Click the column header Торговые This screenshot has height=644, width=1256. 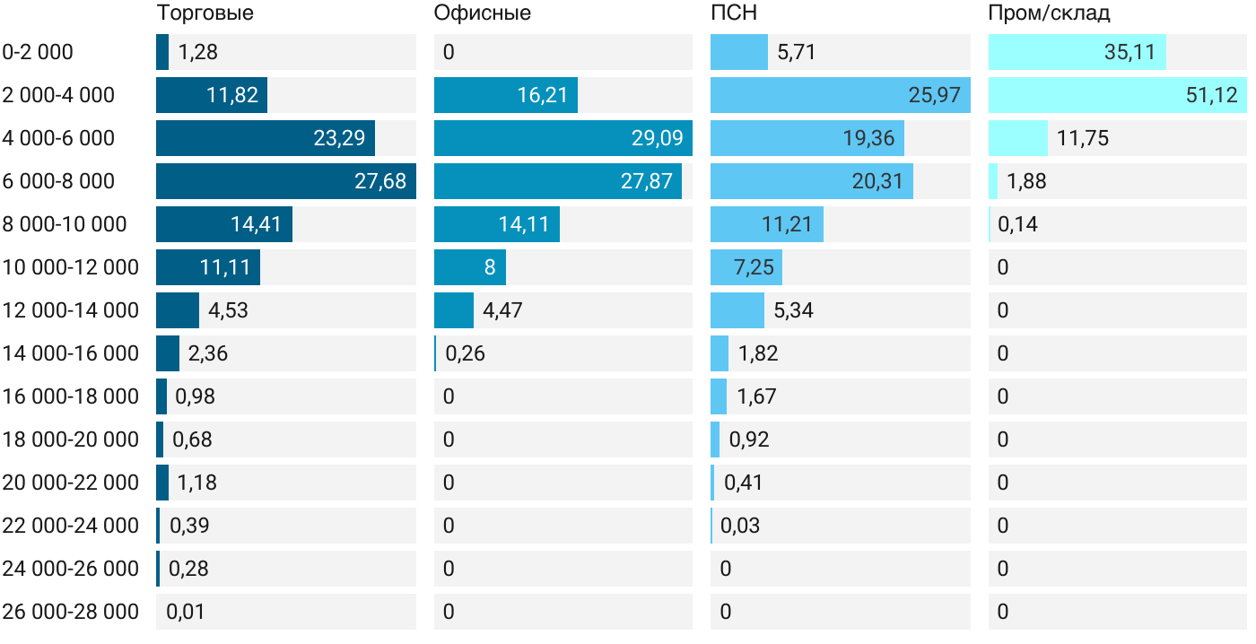click(x=205, y=13)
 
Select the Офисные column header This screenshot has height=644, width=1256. click(x=482, y=13)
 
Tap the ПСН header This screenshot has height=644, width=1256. click(x=734, y=13)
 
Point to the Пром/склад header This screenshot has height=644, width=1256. click(x=1049, y=13)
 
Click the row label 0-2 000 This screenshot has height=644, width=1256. click(x=38, y=52)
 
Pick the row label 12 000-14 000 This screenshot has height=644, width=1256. click(x=71, y=310)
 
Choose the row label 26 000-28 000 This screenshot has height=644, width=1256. click(x=71, y=612)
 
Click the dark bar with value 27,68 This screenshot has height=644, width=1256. click(x=285, y=181)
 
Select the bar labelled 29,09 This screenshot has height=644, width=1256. click(x=563, y=138)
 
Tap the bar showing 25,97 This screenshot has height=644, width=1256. click(x=840, y=95)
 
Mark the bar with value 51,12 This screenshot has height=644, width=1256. click(x=1117, y=95)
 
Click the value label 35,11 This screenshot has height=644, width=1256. click(x=1130, y=52)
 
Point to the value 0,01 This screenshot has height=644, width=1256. click(x=186, y=612)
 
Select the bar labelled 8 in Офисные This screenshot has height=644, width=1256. click(x=469, y=267)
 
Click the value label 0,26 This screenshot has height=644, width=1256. click(x=465, y=353)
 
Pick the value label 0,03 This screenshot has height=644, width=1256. click(x=740, y=526)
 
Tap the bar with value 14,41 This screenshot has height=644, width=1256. click(x=224, y=224)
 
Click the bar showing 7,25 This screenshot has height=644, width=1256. click(x=746, y=267)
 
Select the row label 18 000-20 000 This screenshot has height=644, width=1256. click(x=71, y=439)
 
